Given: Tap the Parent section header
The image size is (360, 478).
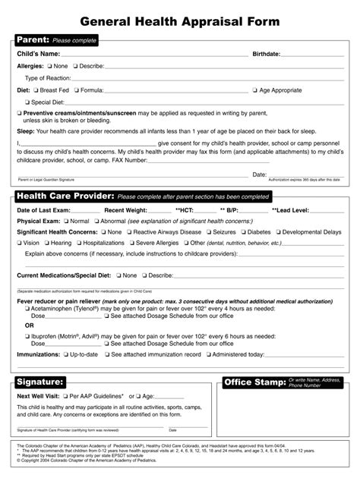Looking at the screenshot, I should (x=33, y=39).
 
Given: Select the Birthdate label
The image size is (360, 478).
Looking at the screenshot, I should (x=267, y=55).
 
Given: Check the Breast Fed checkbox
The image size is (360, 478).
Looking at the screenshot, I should (x=36, y=90).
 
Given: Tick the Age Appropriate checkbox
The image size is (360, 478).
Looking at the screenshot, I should (x=255, y=90).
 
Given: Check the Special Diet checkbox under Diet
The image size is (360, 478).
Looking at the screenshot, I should (x=27, y=102).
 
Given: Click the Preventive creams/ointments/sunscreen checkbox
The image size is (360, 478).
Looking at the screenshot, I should (x=19, y=113).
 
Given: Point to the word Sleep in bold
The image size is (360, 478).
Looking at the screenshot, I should (x=26, y=131).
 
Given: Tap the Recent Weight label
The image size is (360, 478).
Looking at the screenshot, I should (x=125, y=209).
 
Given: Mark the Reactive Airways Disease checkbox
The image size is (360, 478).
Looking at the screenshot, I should (x=130, y=232).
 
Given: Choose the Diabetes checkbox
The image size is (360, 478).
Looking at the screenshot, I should (x=243, y=232).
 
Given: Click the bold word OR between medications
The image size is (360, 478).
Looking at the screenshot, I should (x=29, y=325).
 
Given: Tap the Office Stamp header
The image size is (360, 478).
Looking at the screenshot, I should (x=254, y=382).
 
